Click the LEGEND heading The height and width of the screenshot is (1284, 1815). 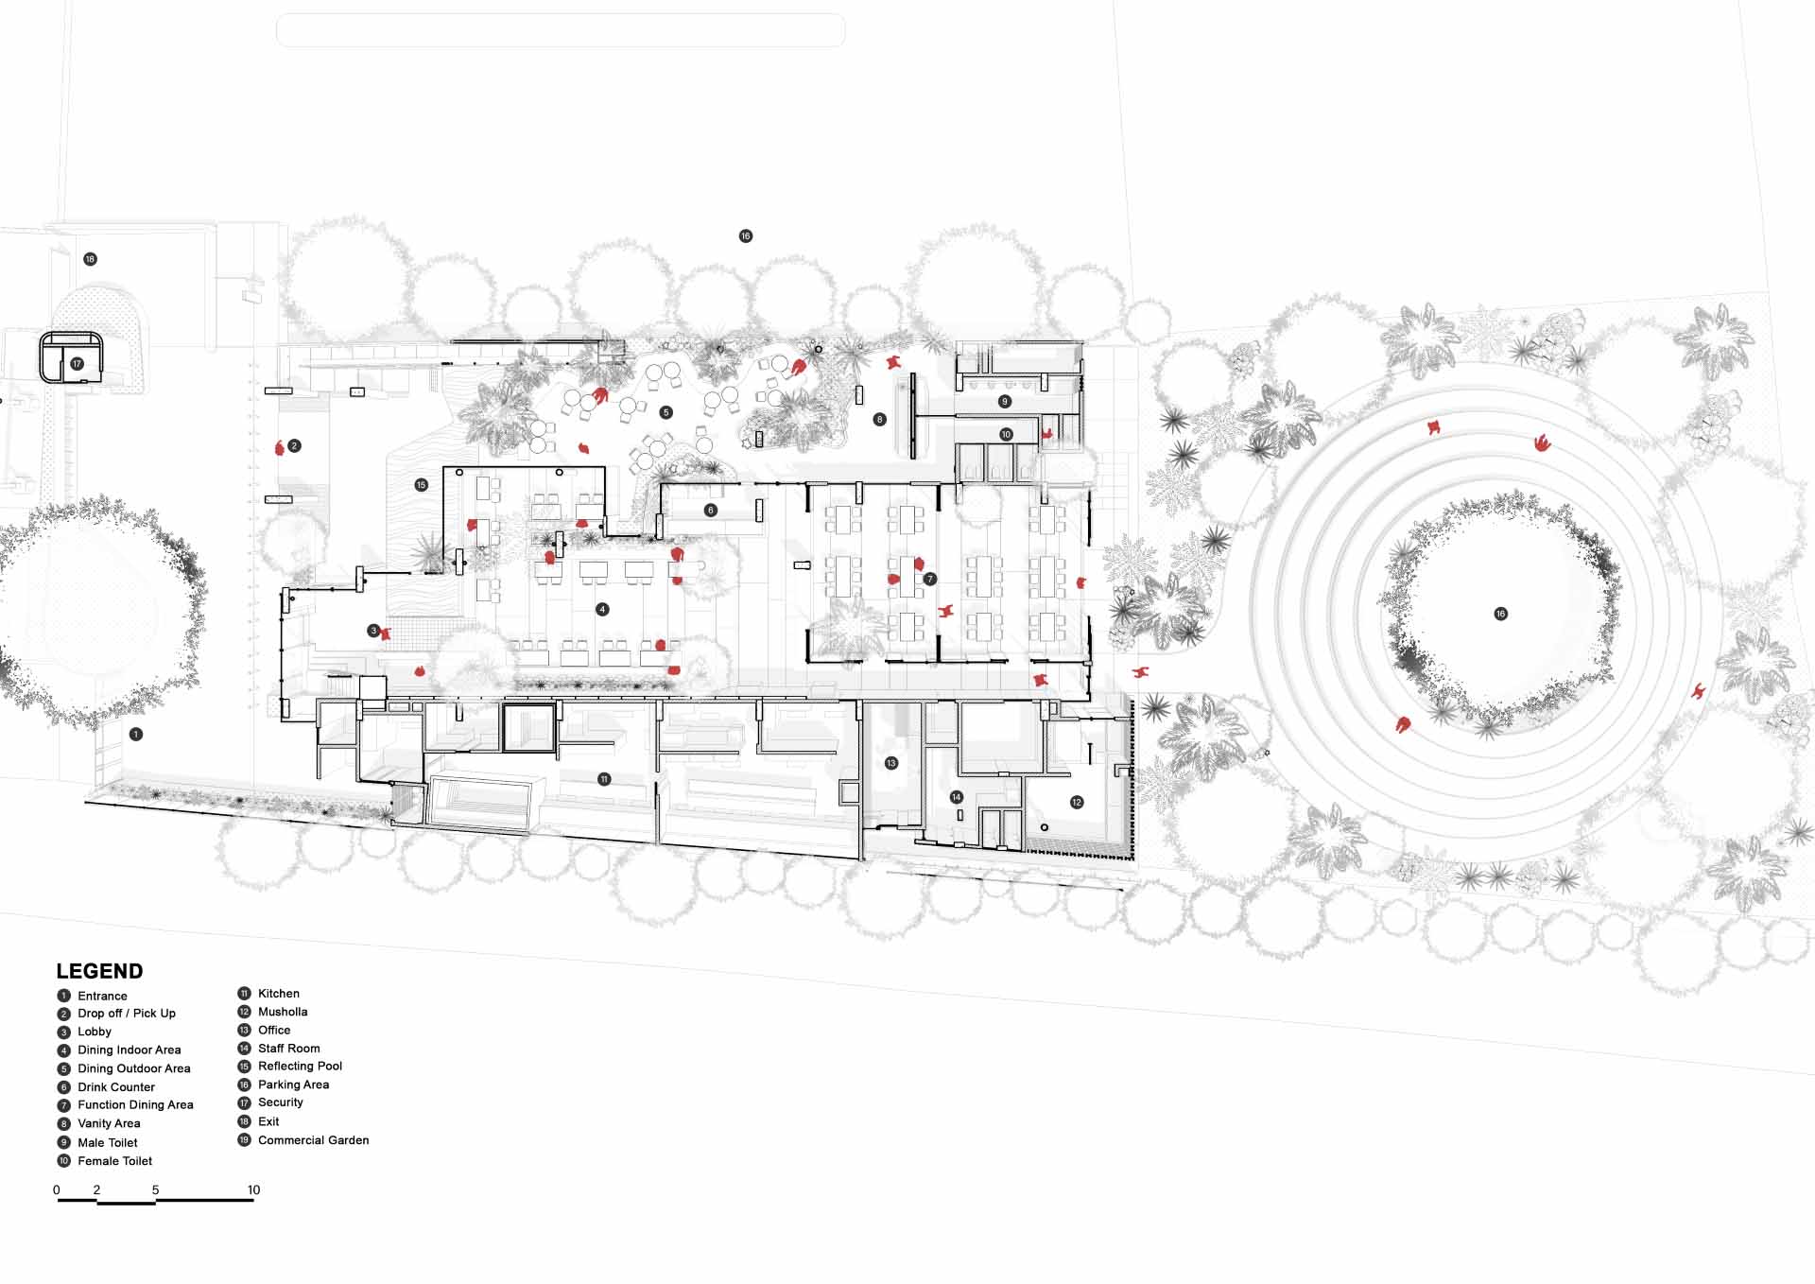(x=99, y=971)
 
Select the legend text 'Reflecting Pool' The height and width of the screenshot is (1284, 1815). (x=300, y=1066)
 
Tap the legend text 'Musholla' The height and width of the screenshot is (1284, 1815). (x=283, y=1012)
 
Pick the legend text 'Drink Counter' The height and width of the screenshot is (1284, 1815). (x=116, y=1087)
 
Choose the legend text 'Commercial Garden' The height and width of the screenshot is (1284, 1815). (x=314, y=1140)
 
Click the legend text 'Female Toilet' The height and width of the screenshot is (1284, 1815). (x=114, y=1161)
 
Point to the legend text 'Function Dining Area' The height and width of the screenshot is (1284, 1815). (x=135, y=1104)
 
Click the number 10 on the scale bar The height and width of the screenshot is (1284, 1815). (x=253, y=1189)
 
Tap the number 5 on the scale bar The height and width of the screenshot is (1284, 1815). (x=155, y=1189)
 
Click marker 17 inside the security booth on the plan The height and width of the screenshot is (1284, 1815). (x=77, y=364)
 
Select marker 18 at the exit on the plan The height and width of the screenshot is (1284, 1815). (x=90, y=259)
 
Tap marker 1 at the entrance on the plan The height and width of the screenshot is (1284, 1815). (x=136, y=735)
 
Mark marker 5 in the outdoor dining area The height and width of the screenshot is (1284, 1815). (x=666, y=412)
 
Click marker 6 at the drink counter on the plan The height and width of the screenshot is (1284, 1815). (x=711, y=511)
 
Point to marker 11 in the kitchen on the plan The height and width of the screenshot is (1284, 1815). (x=604, y=779)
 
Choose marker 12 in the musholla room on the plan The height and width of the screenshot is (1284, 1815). (x=1077, y=803)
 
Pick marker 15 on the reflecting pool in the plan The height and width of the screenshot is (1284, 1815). (x=422, y=485)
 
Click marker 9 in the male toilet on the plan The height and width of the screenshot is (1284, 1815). (x=1005, y=402)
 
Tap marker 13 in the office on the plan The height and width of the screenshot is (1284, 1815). (x=891, y=763)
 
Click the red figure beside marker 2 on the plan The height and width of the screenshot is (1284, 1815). (x=280, y=447)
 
